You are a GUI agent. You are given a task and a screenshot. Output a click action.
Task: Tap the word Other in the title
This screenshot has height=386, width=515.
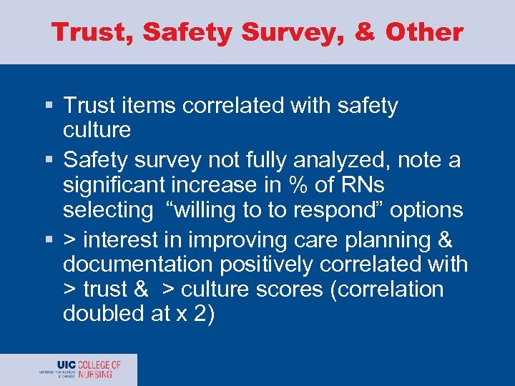[423, 31]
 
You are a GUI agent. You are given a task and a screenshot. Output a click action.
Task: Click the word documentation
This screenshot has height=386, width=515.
[137, 264]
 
